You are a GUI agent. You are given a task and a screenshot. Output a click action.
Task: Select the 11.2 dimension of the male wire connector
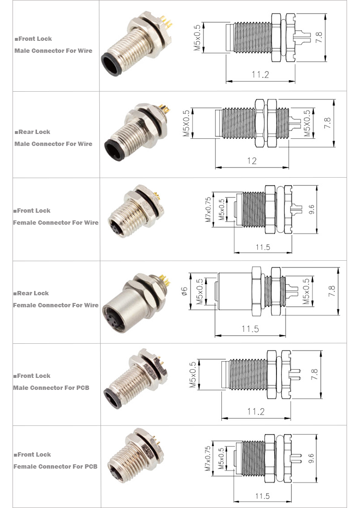(x=260, y=74)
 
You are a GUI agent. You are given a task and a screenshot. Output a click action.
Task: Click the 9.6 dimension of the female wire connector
(x=312, y=209)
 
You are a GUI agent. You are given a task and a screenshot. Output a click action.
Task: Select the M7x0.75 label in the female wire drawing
(x=208, y=210)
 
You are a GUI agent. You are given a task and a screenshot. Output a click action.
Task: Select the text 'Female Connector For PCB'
(x=55, y=466)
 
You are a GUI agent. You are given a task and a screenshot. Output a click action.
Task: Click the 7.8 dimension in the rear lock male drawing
(x=327, y=123)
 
